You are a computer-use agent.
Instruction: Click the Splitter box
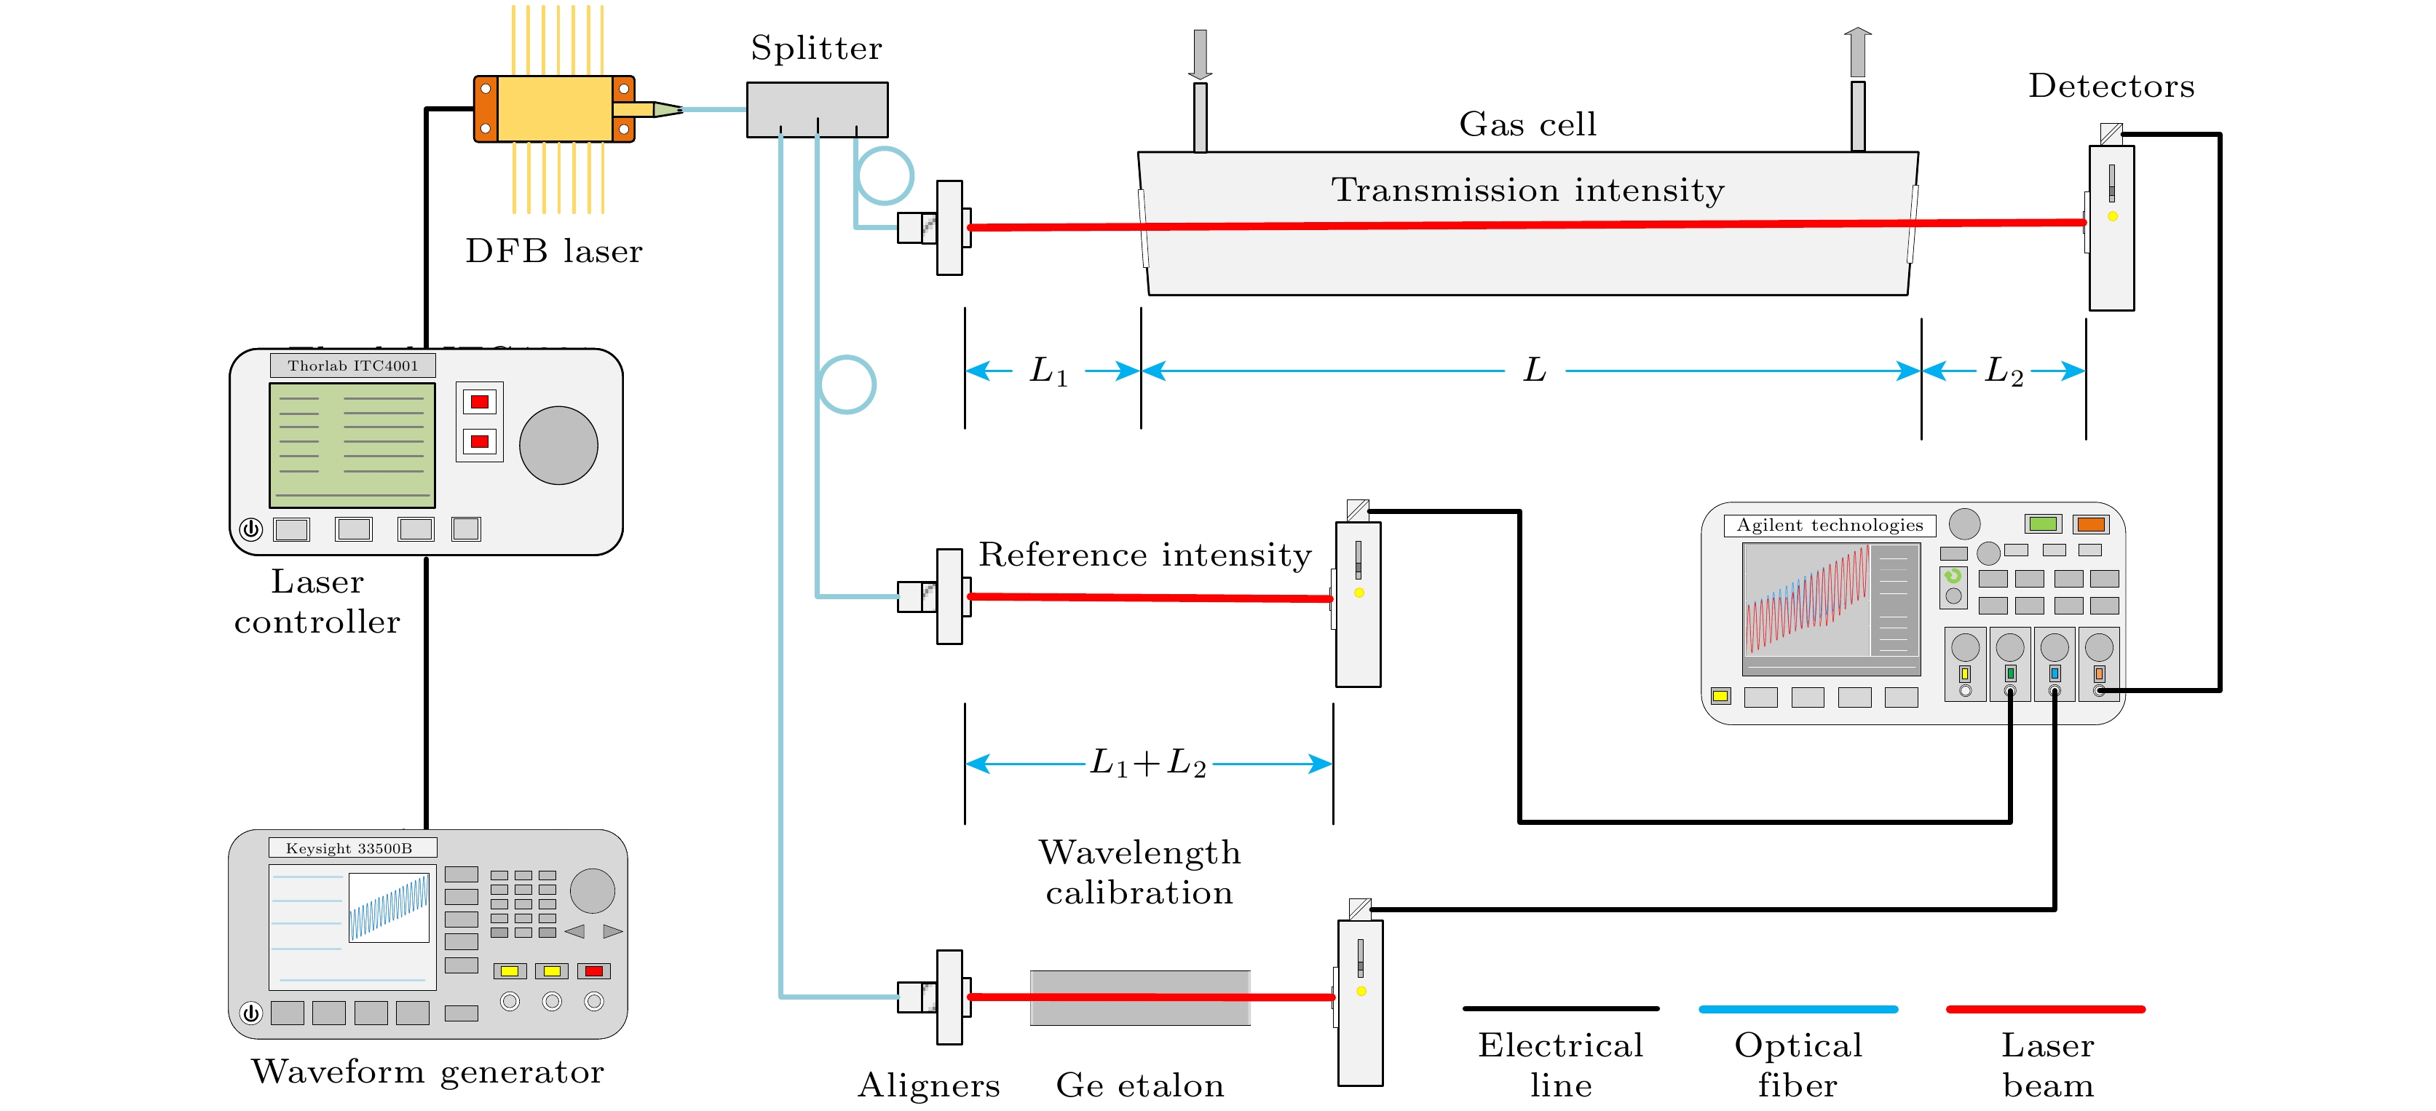click(x=817, y=108)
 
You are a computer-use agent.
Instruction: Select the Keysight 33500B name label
click(x=350, y=848)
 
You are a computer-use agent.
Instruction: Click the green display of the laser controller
click(x=352, y=444)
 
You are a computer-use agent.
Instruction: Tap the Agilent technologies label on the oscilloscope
click(x=1829, y=526)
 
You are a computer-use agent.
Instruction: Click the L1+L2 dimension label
click(x=1148, y=762)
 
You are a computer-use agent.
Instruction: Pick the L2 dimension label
click(x=2003, y=371)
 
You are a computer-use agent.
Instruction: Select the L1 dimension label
click(x=1048, y=371)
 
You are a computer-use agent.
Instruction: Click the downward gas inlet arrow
click(x=1200, y=55)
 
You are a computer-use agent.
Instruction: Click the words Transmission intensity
click(x=1527, y=190)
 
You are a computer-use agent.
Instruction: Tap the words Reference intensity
click(x=1144, y=555)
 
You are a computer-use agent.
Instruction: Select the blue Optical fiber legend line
click(x=1798, y=1009)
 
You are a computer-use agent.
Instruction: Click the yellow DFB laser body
click(x=554, y=108)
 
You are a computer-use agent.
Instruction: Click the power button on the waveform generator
click(x=250, y=1013)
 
